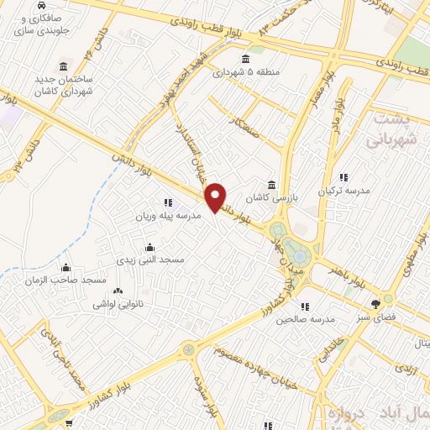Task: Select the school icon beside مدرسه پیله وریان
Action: click(x=168, y=202)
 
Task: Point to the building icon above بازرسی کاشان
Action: click(x=271, y=185)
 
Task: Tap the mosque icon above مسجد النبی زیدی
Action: click(x=150, y=247)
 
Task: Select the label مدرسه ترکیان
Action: click(x=342, y=191)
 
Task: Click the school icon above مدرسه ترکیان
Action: click(x=343, y=177)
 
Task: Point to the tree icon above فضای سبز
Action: click(x=375, y=304)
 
